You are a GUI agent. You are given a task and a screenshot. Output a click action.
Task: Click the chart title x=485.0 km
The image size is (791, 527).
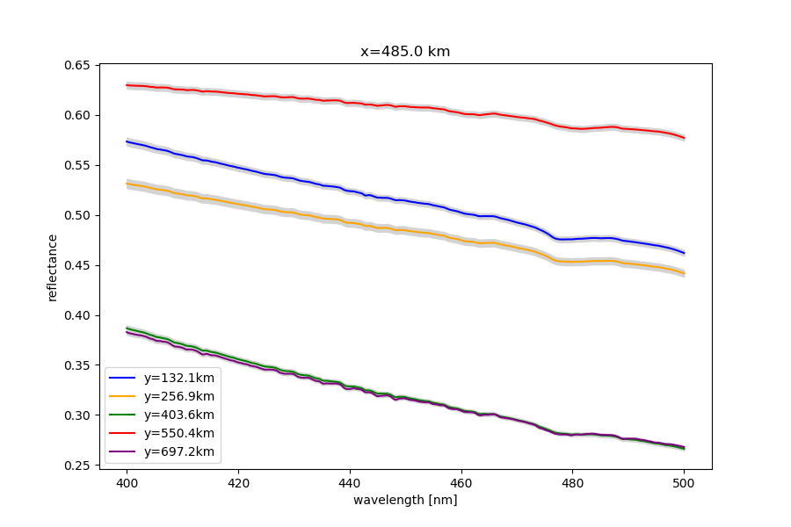click(x=405, y=52)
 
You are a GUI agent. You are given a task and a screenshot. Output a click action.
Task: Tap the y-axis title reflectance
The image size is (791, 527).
click(x=53, y=267)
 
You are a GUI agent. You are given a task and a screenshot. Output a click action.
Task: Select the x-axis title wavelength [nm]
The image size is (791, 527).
click(x=405, y=500)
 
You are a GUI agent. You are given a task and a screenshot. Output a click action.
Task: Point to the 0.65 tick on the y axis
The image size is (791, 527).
click(x=79, y=66)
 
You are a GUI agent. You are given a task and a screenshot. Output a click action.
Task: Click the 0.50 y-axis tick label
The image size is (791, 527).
click(x=79, y=215)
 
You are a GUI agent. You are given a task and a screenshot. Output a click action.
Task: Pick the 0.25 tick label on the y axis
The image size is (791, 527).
click(x=79, y=466)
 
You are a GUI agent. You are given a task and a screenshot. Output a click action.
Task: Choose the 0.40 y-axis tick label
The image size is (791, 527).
click(x=79, y=315)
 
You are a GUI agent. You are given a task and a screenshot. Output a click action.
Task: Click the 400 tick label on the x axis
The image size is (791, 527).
click(x=127, y=482)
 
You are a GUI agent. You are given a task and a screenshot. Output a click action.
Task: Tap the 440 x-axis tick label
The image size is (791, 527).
click(x=350, y=482)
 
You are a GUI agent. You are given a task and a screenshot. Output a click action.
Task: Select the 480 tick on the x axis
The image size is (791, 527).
click(x=573, y=482)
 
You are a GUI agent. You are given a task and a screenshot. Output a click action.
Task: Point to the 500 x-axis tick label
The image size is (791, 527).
click(x=684, y=482)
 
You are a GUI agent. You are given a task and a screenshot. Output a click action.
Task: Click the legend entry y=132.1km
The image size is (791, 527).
click(x=179, y=378)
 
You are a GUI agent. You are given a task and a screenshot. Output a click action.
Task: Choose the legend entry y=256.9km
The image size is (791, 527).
click(x=179, y=396)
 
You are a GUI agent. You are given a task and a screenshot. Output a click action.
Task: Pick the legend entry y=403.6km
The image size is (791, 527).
click(x=179, y=415)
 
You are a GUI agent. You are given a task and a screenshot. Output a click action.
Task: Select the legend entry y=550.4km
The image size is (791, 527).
click(x=179, y=433)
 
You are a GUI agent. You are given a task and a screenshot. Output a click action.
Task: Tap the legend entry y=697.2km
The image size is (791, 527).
click(x=179, y=451)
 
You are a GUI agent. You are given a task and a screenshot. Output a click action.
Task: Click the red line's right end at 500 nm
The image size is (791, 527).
click(x=684, y=138)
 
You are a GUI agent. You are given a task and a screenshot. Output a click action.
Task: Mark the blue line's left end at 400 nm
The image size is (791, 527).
click(x=127, y=141)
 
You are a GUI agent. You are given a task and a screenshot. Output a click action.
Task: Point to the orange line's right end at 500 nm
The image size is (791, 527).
click(x=684, y=273)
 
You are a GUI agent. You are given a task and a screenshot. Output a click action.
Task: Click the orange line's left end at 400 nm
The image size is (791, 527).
click(x=127, y=184)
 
